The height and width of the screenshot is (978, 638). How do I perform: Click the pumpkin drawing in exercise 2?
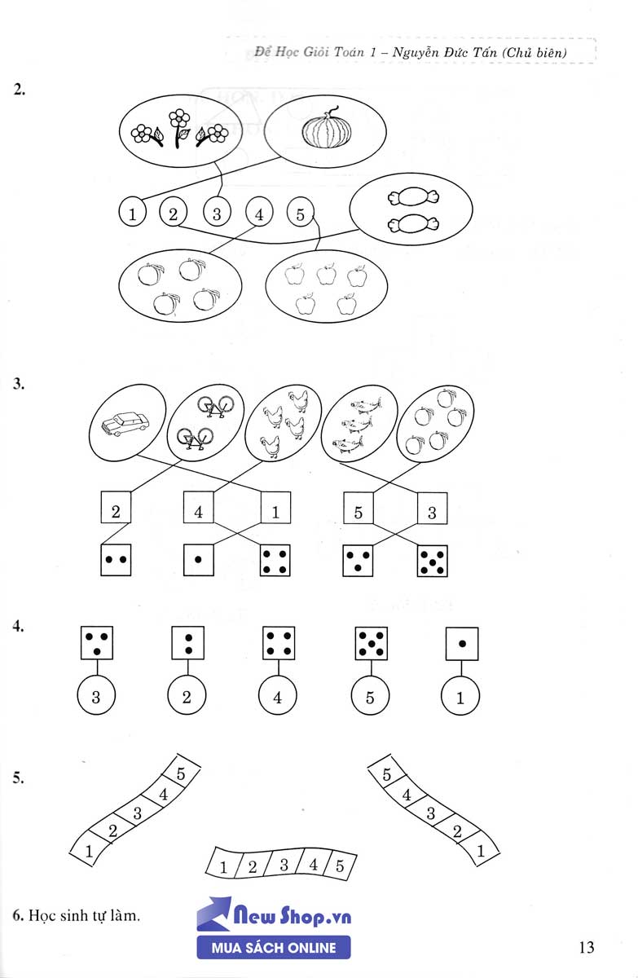[x=324, y=131]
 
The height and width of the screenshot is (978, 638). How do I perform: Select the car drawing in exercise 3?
[x=126, y=424]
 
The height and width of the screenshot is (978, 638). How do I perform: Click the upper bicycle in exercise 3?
[x=213, y=406]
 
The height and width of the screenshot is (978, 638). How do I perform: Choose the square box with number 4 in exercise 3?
[x=200, y=511]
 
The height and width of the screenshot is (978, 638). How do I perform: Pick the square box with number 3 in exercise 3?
[x=433, y=511]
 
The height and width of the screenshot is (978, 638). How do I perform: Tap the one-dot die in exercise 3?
[x=200, y=561]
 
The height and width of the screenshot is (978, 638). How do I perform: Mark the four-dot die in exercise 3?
[x=276, y=561]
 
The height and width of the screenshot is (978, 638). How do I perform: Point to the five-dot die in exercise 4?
[x=371, y=643]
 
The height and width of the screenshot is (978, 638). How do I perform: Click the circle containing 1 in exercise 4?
[x=461, y=698]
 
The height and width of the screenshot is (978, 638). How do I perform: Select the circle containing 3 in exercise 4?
[x=96, y=698]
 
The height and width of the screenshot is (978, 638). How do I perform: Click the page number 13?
[x=587, y=947]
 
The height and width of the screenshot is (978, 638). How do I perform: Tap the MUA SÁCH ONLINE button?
[x=274, y=947]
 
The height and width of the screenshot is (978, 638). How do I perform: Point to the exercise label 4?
[x=18, y=627]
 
